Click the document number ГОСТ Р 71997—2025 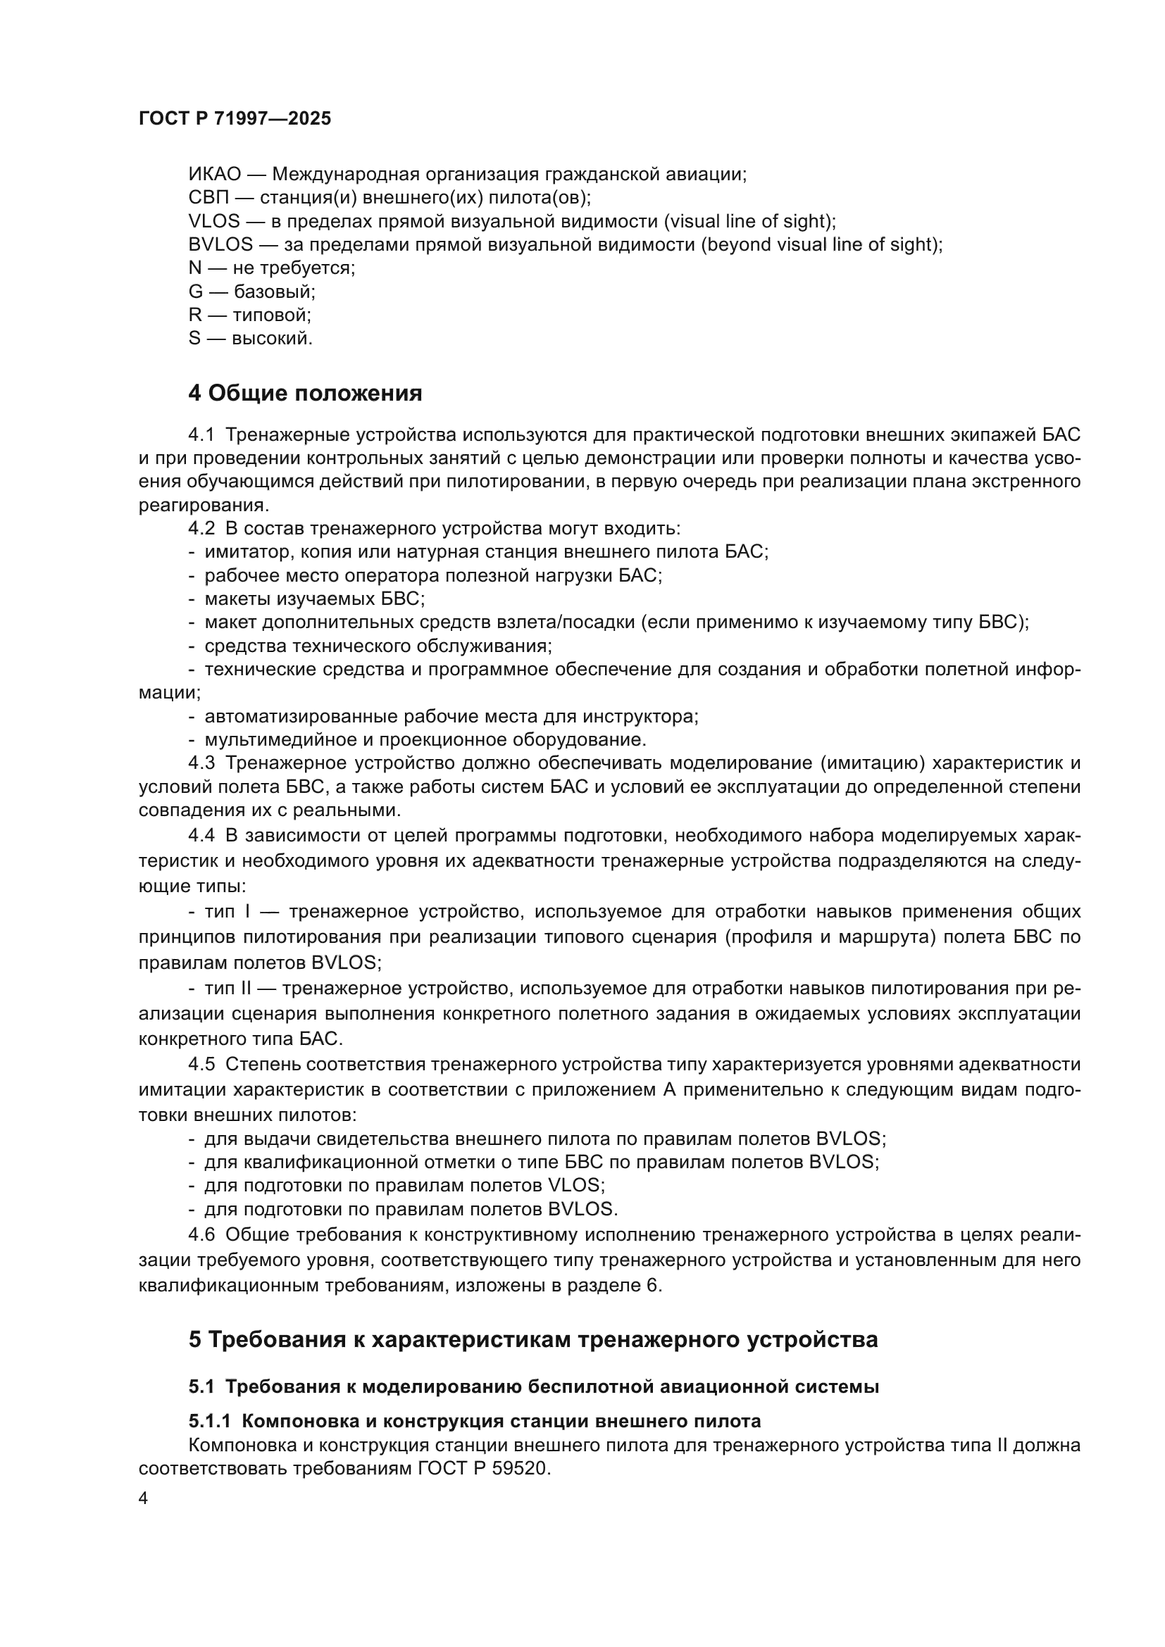coord(235,119)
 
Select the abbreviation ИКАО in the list coord(215,175)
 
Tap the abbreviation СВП coord(207,198)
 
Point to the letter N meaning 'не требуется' coord(194,268)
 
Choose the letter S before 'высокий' coord(194,339)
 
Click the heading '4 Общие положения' coord(305,393)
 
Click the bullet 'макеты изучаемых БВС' coord(314,599)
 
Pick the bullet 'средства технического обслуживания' coord(378,646)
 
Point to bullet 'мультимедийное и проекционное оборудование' coord(425,739)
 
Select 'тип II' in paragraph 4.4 coord(228,989)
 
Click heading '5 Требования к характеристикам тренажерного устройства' coord(533,1340)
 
